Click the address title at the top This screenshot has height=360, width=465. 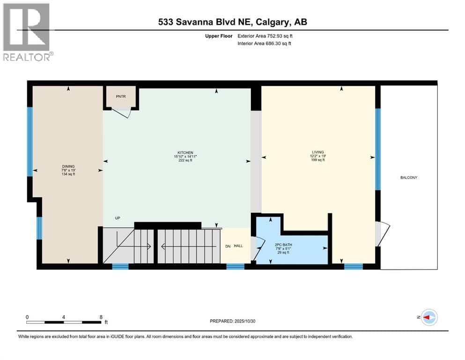pyautogui.click(x=232, y=22)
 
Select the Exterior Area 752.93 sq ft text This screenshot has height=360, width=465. pyautogui.click(x=265, y=36)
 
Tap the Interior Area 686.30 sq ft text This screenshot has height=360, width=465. pyautogui.click(x=264, y=43)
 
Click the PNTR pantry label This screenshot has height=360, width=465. pyautogui.click(x=121, y=97)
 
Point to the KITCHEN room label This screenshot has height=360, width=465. pyautogui.click(x=185, y=152)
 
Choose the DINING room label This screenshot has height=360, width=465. pyautogui.click(x=68, y=166)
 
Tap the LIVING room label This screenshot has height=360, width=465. pyautogui.click(x=317, y=152)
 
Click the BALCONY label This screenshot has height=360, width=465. pyautogui.click(x=409, y=178)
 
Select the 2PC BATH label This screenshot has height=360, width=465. pyautogui.click(x=283, y=245)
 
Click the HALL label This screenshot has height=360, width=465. pyautogui.click(x=238, y=246)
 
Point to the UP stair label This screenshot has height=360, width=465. pyautogui.click(x=118, y=218)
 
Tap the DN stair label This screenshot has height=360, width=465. pyautogui.click(x=228, y=247)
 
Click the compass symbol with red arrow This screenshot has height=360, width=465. pyautogui.click(x=429, y=317)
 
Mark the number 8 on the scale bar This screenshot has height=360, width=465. pyautogui.click(x=101, y=317)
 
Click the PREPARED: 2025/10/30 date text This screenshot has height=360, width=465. pyautogui.click(x=232, y=321)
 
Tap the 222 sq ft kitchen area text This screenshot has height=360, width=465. pyautogui.click(x=185, y=160)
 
